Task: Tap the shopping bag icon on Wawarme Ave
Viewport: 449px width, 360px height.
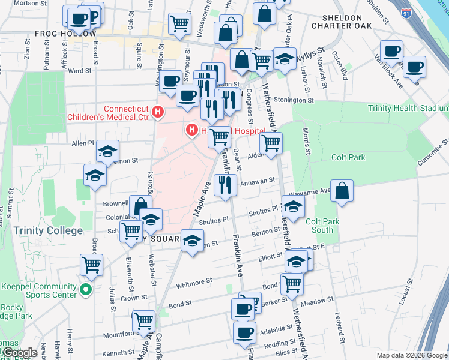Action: coord(341,191)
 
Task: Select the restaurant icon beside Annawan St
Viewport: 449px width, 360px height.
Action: coord(225,185)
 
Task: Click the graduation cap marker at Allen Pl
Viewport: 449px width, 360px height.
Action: coord(107,151)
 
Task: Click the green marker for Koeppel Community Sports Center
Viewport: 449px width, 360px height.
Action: coord(86,290)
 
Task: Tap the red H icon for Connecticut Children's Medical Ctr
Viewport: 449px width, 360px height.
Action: coord(158,111)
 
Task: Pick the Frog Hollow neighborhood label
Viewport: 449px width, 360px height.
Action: coord(65,34)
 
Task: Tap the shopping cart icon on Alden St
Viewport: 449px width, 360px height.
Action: coord(271,143)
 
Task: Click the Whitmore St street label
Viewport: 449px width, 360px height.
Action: coord(193,281)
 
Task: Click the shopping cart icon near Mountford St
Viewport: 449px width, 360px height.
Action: coord(143,321)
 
